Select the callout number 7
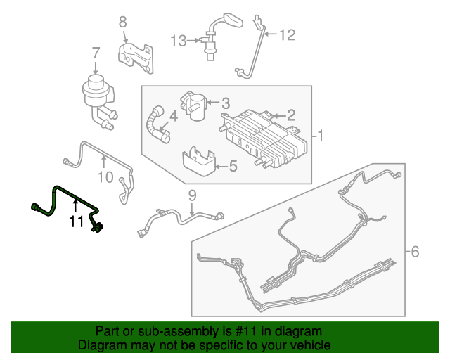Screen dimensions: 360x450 coord(96,52)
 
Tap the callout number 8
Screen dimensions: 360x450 coord(122,22)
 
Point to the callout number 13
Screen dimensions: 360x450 coord(179,41)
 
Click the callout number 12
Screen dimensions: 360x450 coord(289,34)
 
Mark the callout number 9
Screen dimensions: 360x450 coord(191,195)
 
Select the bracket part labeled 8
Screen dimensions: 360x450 coord(139,56)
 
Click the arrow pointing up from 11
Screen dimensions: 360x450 coord(76,206)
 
